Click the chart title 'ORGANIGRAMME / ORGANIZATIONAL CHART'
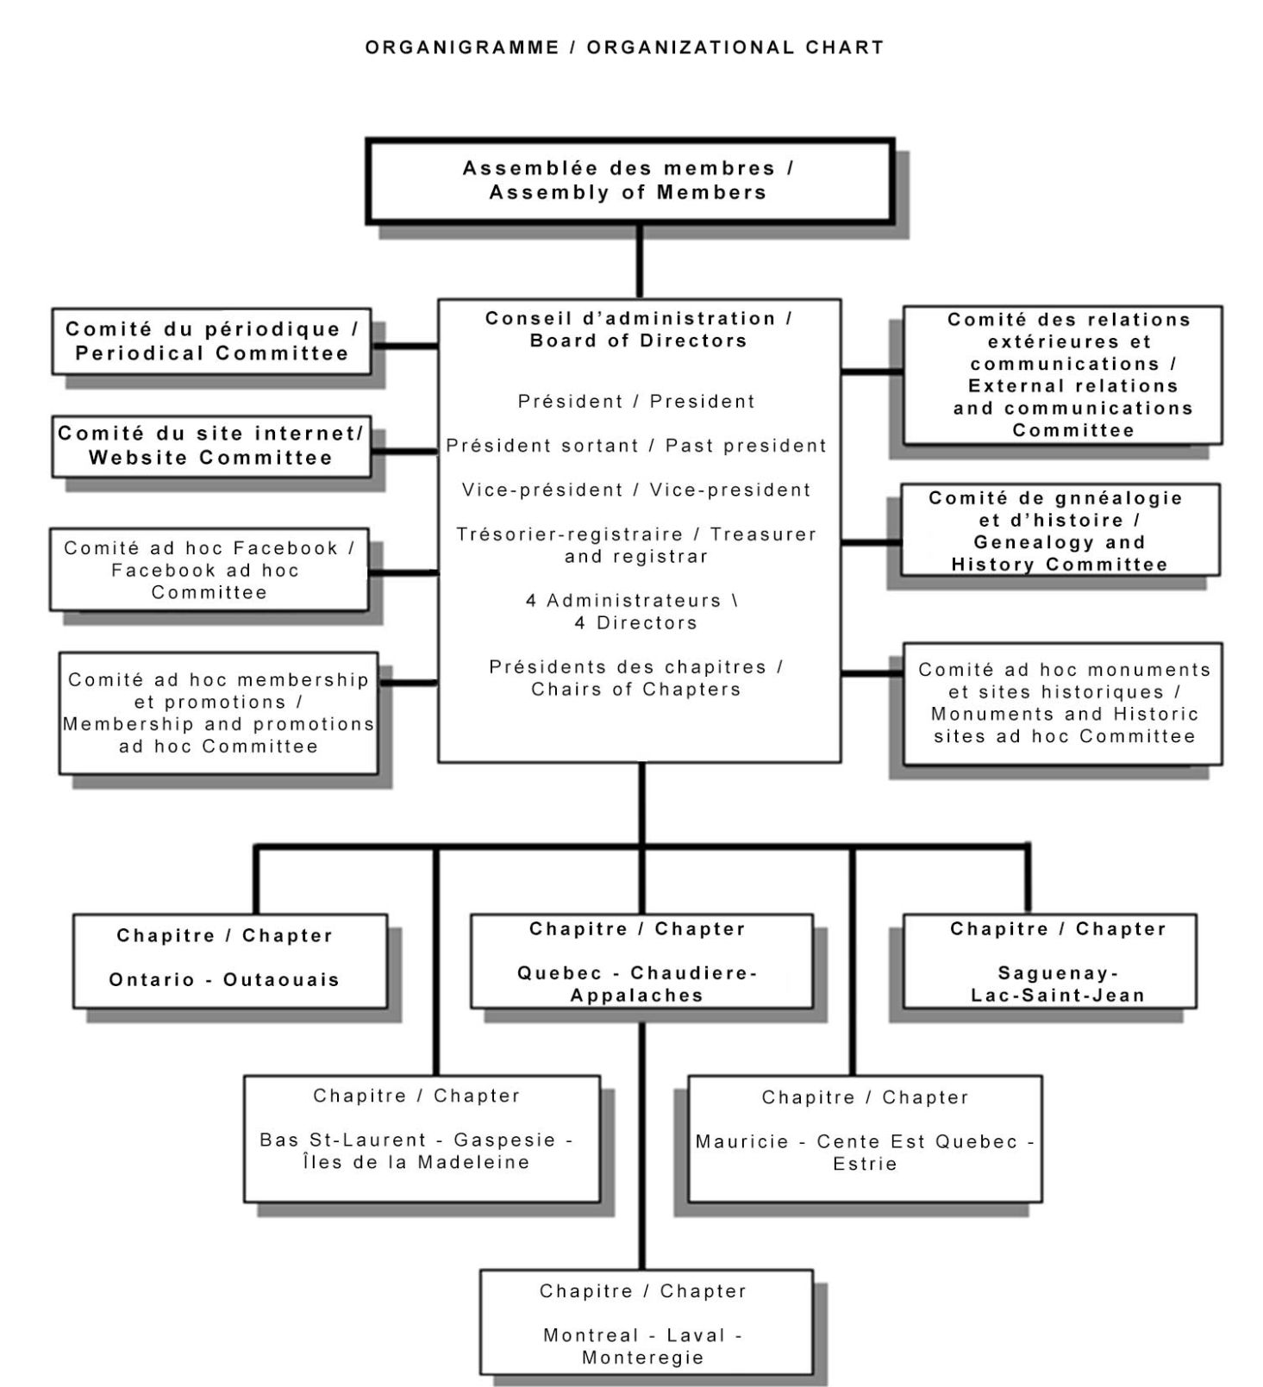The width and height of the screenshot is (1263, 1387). tap(625, 47)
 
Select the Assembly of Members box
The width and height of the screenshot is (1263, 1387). tap(630, 181)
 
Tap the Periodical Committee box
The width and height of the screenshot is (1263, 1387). tap(211, 341)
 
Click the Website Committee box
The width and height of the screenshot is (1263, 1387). tap(211, 446)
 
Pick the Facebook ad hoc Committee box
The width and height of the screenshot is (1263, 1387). tap(209, 570)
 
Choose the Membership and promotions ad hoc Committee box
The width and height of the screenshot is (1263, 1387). tap(218, 713)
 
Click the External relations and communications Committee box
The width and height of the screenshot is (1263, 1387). tap(1062, 375)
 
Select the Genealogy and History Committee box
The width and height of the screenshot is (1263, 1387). tap(1060, 529)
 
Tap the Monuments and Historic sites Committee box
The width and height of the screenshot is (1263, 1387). tap(1062, 703)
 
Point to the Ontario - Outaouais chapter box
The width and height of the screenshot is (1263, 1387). tap(230, 961)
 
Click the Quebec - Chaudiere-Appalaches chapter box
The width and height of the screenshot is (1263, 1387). tap(641, 961)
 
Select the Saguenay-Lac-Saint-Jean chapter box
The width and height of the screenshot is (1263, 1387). tap(1049, 961)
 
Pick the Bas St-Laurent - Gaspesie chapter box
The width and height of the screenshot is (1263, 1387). tap(422, 1139)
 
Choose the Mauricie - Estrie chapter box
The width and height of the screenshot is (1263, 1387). tap(865, 1139)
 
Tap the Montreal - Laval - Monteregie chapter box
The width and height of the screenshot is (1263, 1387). tap(647, 1321)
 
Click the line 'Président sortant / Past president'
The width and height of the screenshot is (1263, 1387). tap(636, 446)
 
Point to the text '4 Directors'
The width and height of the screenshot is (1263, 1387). tap(636, 623)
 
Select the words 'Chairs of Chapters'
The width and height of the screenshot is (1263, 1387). tap(636, 690)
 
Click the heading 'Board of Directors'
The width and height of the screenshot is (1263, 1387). tap(638, 341)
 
